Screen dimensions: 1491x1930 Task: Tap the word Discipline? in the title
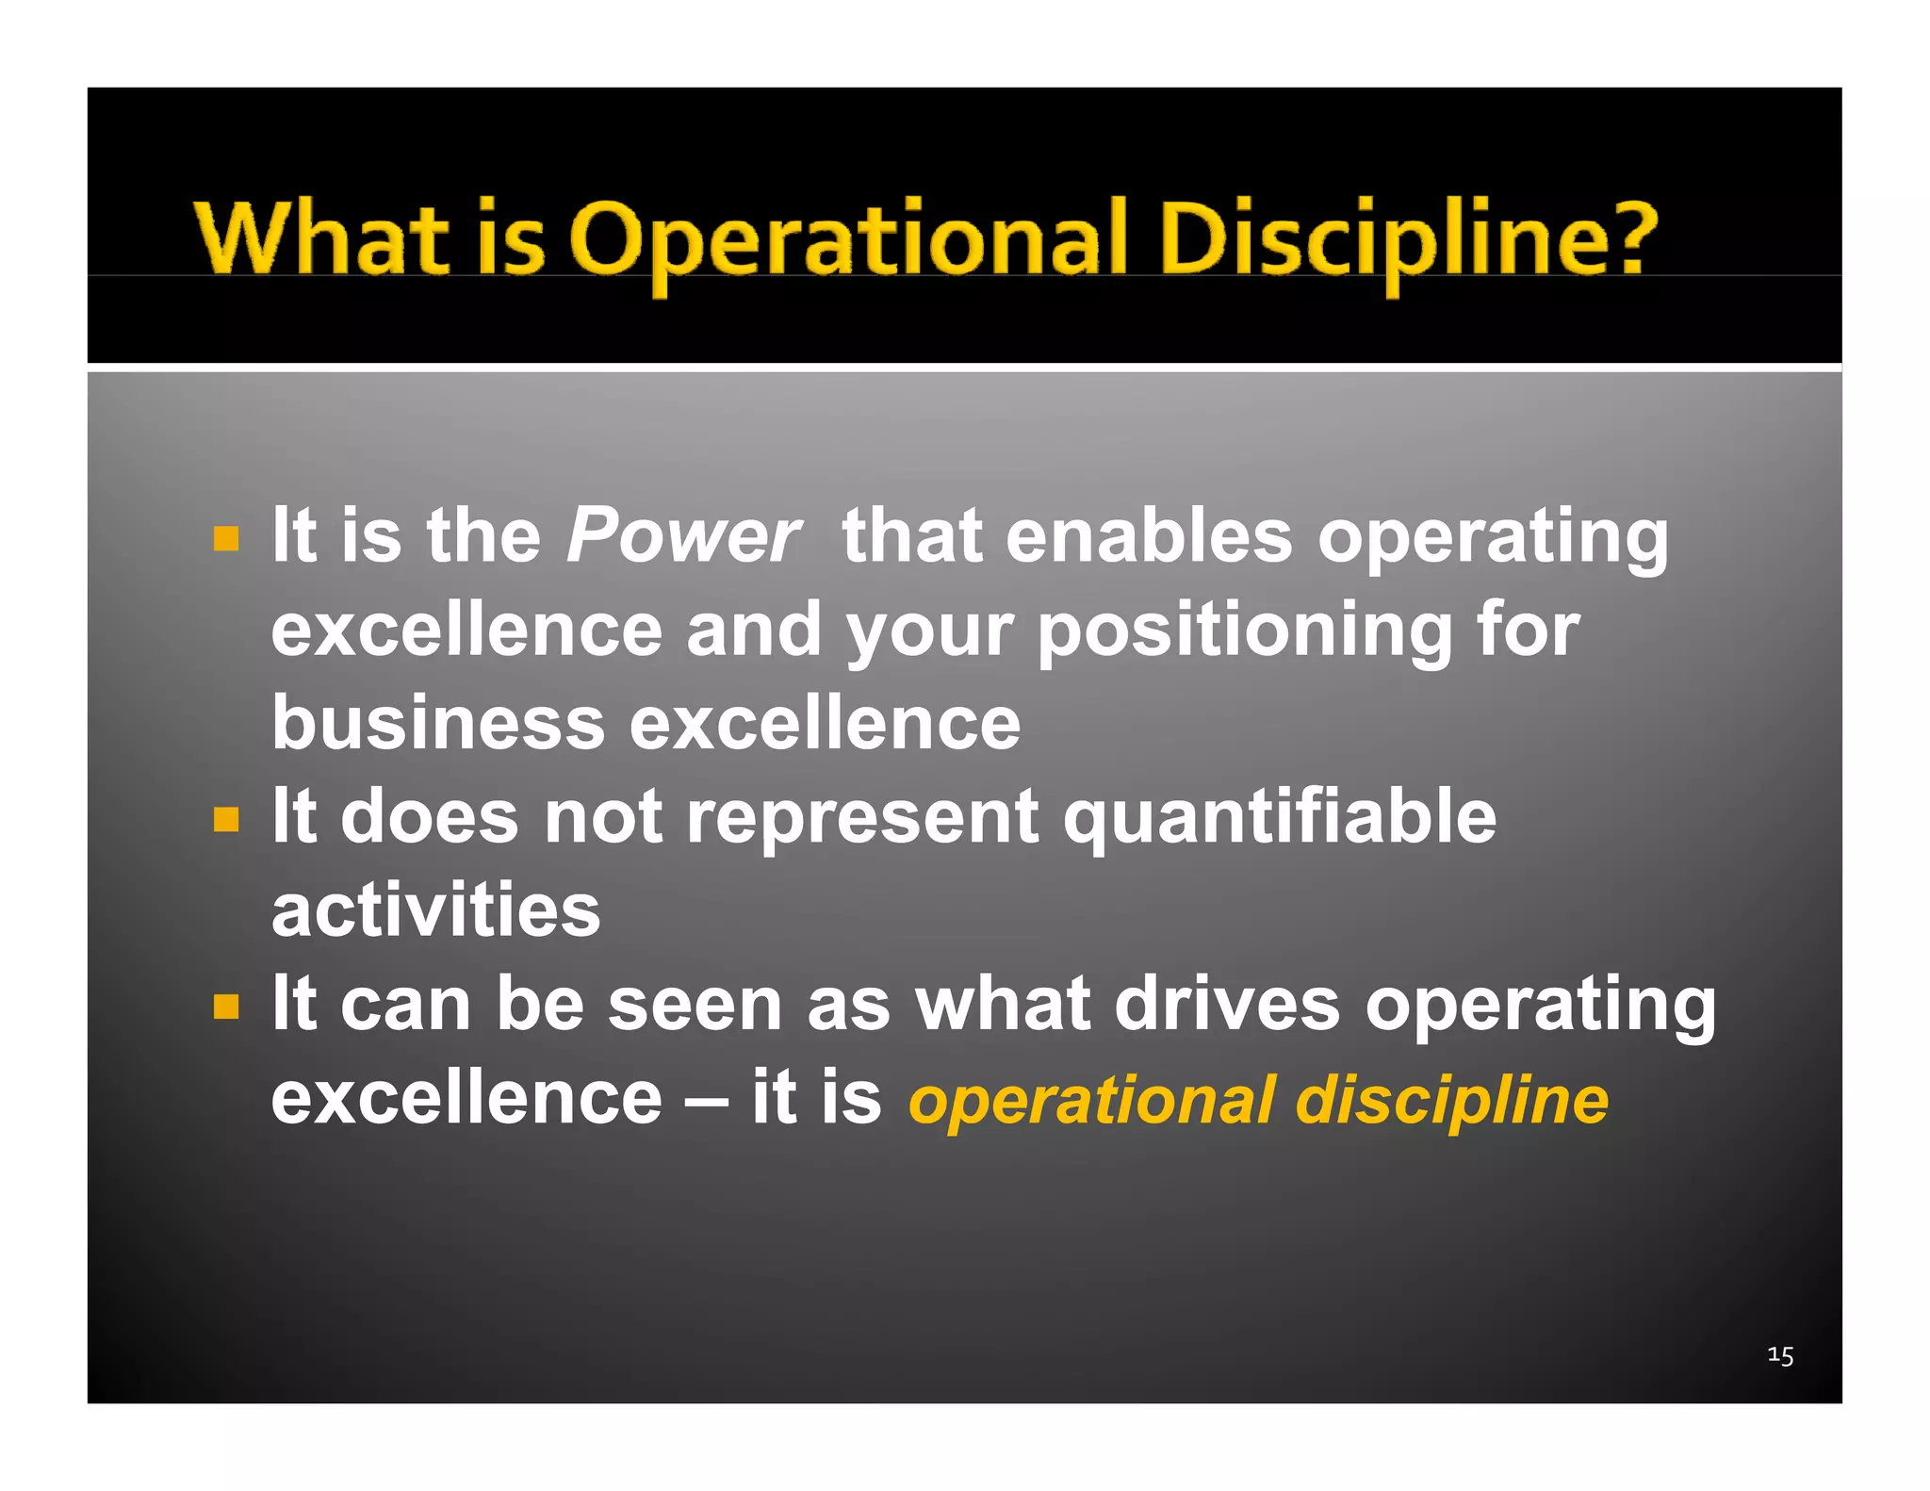[x=1407, y=238]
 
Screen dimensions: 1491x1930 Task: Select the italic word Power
[x=683, y=535]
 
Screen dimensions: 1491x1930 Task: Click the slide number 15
[x=1779, y=1355]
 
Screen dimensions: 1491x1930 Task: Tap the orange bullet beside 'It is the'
[x=226, y=539]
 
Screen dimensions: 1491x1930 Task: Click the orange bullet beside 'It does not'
[x=226, y=819]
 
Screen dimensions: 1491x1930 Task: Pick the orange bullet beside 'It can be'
[x=226, y=1007]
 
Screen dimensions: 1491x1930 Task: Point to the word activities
[x=435, y=910]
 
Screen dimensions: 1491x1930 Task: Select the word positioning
[x=1244, y=630]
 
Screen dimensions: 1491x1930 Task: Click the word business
[x=438, y=724]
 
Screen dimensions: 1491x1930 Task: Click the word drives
[x=1226, y=1005]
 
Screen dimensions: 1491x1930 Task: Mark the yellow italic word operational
[x=1091, y=1101]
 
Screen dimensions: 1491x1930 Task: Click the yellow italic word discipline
[x=1451, y=1101]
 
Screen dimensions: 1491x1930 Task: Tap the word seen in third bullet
[x=695, y=1005]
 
